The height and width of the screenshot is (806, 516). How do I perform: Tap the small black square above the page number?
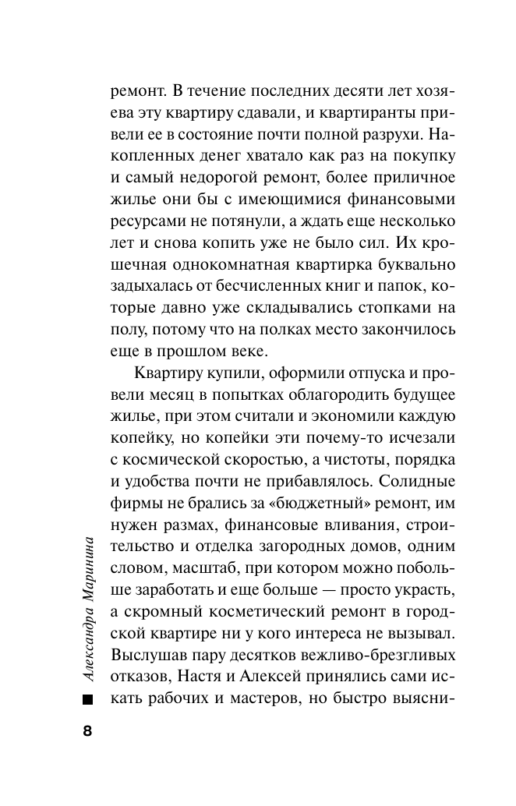[x=87, y=699]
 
